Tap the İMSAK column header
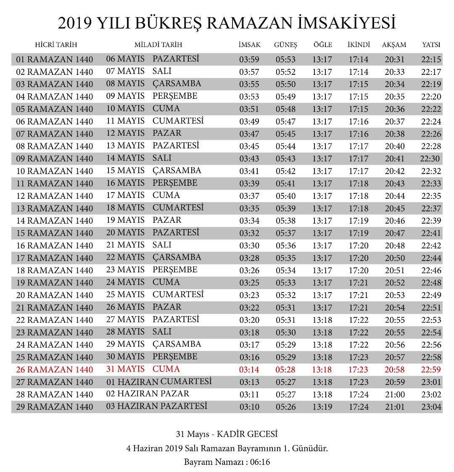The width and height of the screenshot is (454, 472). pyautogui.click(x=249, y=45)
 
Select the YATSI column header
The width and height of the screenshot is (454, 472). pyautogui.click(x=431, y=45)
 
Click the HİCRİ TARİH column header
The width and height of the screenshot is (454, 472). pyautogui.click(x=56, y=45)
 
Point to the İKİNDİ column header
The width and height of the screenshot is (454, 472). pyautogui.click(x=359, y=45)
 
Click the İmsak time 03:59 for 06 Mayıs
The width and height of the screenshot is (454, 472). pyautogui.click(x=249, y=60)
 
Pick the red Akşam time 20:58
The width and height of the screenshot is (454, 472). pyautogui.click(x=395, y=370)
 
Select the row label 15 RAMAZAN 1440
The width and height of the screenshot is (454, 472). pyautogui.click(x=54, y=233)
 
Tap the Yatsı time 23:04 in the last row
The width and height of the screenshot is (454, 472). pyautogui.click(x=431, y=407)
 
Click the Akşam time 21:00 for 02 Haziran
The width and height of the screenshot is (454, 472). pyautogui.click(x=395, y=395)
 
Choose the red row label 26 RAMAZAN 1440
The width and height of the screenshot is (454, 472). pyautogui.click(x=54, y=370)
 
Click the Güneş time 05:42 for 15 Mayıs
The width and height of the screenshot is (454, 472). pyautogui.click(x=286, y=171)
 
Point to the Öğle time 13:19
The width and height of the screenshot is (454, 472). pyautogui.click(x=322, y=407)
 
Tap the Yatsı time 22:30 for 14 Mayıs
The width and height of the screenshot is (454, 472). pyautogui.click(x=430, y=159)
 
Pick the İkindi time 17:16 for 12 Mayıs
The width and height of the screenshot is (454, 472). pyautogui.click(x=359, y=134)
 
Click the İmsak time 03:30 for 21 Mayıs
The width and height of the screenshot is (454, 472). pyautogui.click(x=249, y=246)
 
